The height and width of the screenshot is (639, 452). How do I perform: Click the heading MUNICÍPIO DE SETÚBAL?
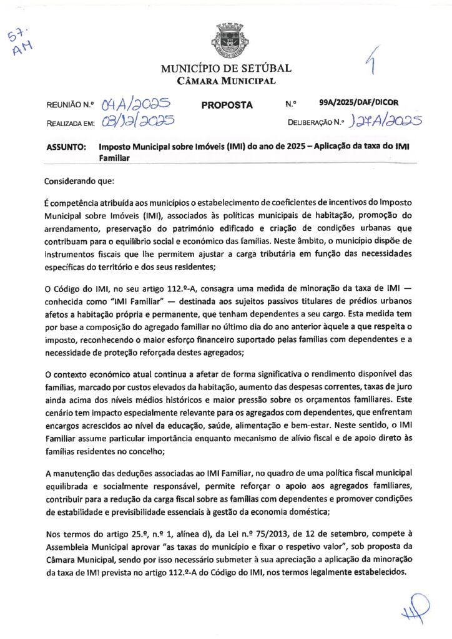point(226,69)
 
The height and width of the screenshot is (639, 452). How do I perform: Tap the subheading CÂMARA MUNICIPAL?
point(226,81)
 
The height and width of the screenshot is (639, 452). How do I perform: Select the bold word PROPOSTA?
point(227,105)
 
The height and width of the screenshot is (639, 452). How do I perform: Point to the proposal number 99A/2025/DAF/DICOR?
point(358,102)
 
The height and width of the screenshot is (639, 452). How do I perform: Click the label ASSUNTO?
point(66,146)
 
